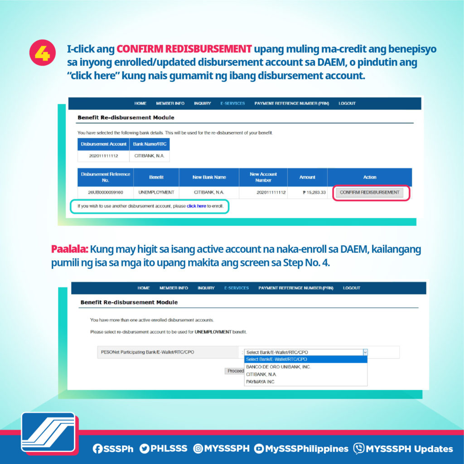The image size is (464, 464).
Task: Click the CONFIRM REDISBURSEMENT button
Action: pyautogui.click(x=370, y=192)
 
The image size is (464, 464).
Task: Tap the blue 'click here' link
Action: pyautogui.click(x=196, y=206)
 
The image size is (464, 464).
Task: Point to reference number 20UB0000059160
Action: pyautogui.click(x=106, y=193)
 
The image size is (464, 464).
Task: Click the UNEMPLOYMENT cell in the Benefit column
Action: pyautogui.click(x=156, y=193)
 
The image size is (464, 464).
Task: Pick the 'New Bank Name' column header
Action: pyautogui.click(x=209, y=177)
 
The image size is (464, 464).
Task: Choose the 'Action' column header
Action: pyautogui.click(x=369, y=177)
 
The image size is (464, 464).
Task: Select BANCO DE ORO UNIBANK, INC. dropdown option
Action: pyautogui.click(x=278, y=367)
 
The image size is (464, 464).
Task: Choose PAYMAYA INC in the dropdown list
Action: pyautogui.click(x=261, y=382)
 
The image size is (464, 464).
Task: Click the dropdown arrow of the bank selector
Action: pyautogui.click(x=365, y=352)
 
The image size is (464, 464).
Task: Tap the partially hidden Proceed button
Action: pyautogui.click(x=235, y=371)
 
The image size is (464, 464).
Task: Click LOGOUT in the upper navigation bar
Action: pyautogui.click(x=347, y=103)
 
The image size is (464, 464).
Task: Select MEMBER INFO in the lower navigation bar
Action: pyautogui.click(x=174, y=288)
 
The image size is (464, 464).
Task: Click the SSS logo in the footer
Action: pyautogui.click(x=48, y=434)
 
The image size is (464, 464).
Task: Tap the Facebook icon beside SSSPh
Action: pyautogui.click(x=97, y=449)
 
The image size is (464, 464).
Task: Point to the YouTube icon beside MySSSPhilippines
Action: pyautogui.click(x=259, y=449)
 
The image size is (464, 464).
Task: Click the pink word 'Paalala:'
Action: pyautogui.click(x=69, y=249)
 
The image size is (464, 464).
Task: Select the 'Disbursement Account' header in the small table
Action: pyautogui.click(x=103, y=144)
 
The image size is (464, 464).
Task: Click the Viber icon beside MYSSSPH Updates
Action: pyautogui.click(x=359, y=449)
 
